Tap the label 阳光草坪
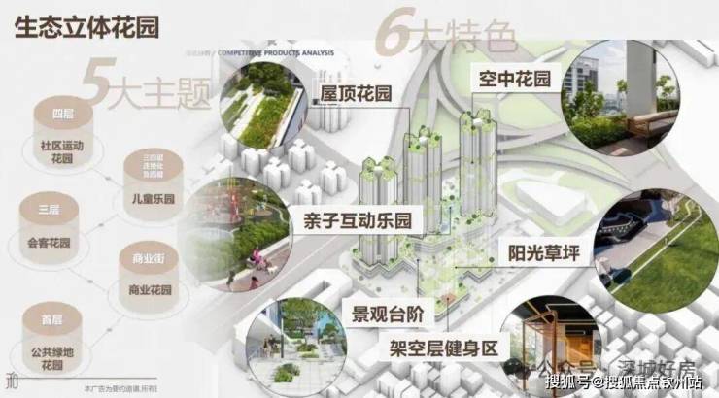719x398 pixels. click(x=544, y=254)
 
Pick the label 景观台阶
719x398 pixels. click(x=387, y=314)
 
